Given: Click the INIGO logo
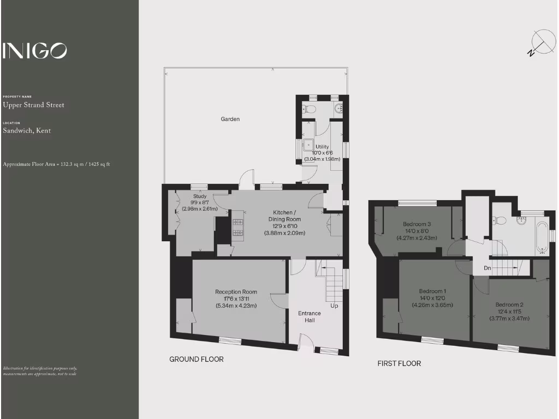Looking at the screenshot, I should click(x=35, y=51).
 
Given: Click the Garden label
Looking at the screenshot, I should click(x=230, y=119).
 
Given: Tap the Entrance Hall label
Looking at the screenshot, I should click(x=310, y=317).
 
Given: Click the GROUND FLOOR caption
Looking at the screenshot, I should click(x=197, y=359).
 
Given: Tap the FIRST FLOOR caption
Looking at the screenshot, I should click(x=399, y=363).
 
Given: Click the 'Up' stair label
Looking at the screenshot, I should click(x=334, y=306).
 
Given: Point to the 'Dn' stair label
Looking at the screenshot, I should click(x=488, y=268).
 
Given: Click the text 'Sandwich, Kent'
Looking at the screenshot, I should click(x=27, y=131).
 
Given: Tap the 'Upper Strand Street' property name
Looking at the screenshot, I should click(x=33, y=105).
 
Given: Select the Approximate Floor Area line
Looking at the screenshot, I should click(x=56, y=164).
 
